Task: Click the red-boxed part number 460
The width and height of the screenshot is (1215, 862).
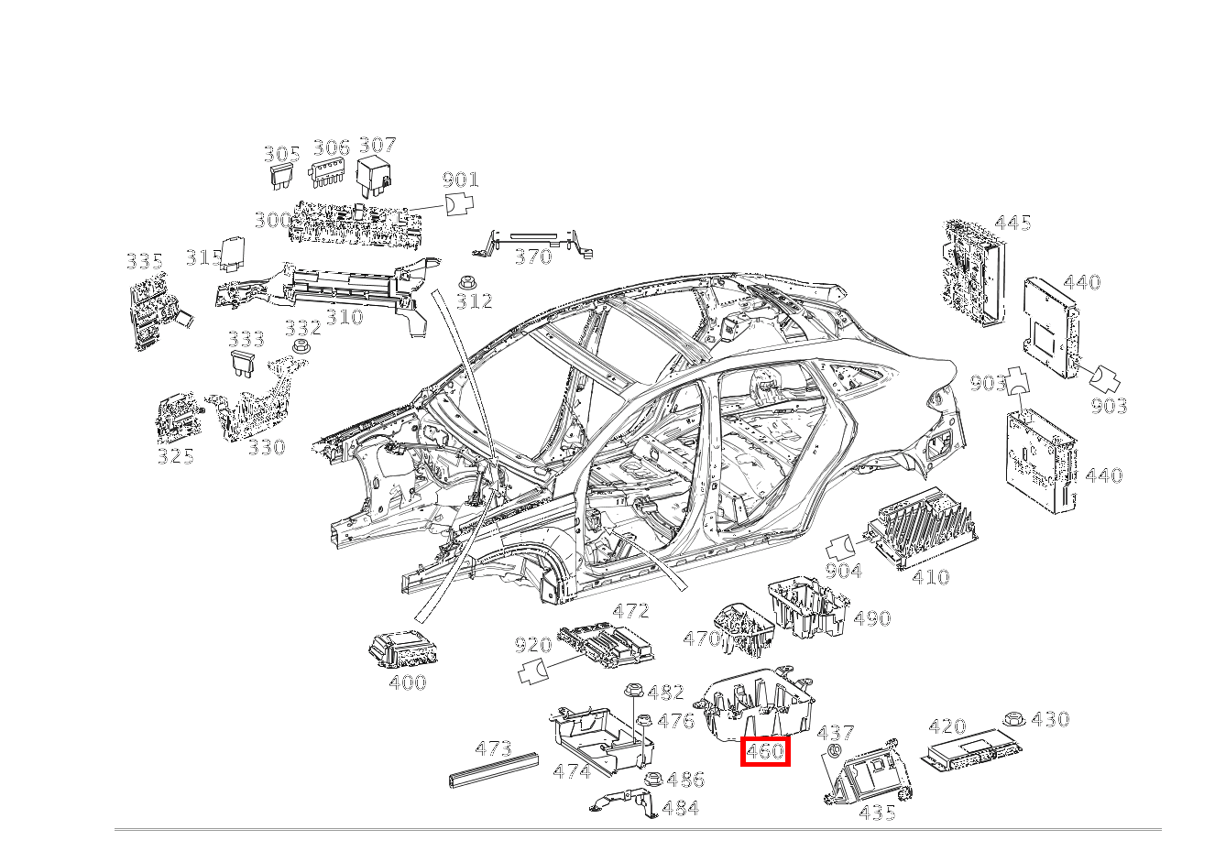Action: click(765, 752)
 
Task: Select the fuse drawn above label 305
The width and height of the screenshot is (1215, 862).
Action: click(281, 176)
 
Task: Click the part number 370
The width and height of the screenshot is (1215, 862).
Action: click(532, 256)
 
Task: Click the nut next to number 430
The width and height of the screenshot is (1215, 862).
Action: click(1013, 719)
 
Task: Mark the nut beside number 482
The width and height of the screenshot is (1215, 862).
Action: click(632, 692)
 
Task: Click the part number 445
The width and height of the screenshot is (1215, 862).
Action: click(1012, 223)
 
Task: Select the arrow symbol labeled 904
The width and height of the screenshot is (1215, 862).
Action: click(839, 547)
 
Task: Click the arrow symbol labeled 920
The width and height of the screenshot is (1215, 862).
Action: click(533, 671)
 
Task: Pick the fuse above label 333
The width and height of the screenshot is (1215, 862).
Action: click(243, 363)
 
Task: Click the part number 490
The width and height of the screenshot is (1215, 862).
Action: click(871, 618)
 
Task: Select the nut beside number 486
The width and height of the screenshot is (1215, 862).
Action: click(653, 780)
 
